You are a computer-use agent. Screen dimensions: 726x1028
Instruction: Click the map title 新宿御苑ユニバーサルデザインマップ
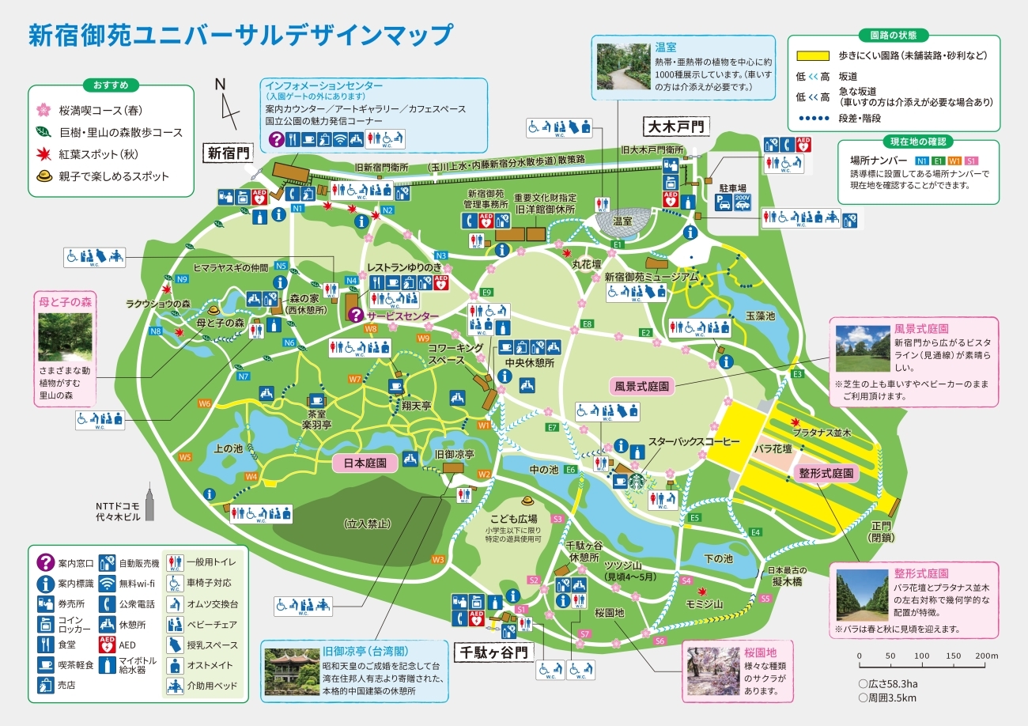tap(240, 36)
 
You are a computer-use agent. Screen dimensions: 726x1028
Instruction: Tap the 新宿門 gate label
tap(228, 153)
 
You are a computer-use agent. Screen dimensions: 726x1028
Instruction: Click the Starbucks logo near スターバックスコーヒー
tap(637, 480)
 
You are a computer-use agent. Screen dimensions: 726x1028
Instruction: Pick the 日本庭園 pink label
tap(365, 463)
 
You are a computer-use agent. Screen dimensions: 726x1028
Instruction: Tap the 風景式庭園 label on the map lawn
tap(643, 387)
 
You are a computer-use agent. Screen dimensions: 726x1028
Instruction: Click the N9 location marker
tap(182, 278)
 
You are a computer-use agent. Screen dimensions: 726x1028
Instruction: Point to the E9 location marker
tap(487, 293)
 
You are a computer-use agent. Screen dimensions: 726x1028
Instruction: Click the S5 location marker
tap(765, 599)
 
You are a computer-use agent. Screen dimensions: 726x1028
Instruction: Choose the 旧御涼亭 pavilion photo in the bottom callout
tap(290, 672)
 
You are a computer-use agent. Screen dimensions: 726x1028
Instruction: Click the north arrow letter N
tap(220, 85)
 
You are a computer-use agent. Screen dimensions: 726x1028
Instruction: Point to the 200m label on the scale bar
tap(987, 656)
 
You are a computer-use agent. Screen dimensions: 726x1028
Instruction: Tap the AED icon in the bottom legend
tap(107, 645)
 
